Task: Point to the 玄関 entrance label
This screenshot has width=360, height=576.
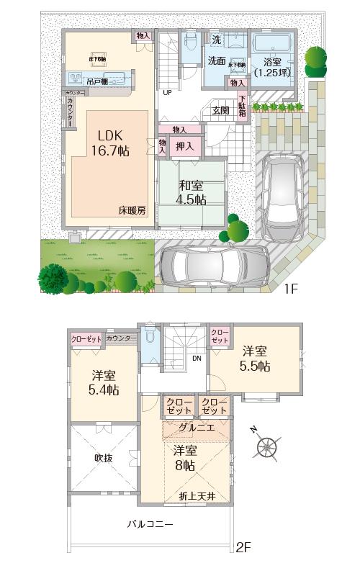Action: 220,110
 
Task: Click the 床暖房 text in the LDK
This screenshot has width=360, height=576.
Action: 132,211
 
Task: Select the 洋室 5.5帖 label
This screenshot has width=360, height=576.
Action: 255,359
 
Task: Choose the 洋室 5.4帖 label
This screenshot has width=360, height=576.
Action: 105,382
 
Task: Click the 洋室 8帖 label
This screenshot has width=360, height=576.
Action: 184,458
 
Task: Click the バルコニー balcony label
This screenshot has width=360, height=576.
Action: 150,524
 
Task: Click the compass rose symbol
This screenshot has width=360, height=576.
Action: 268,446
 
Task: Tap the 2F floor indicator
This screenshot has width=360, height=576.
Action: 244,548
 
